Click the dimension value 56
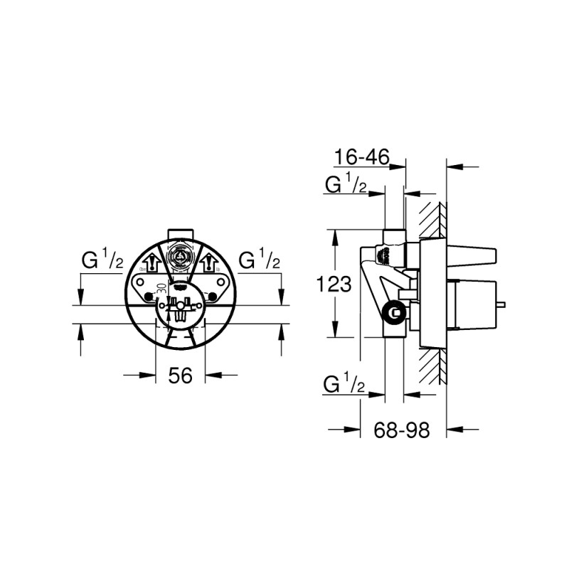181,376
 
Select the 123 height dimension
334,284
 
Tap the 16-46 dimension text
361,157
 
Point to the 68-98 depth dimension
403,430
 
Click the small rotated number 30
161,288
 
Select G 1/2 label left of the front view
101,262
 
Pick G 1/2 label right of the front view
260,262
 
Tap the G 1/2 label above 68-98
346,385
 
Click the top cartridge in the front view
181,258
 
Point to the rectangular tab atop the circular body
180,235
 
